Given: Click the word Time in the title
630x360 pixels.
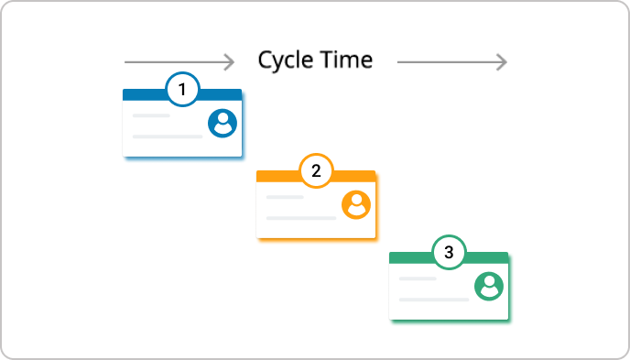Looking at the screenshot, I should coord(345,60).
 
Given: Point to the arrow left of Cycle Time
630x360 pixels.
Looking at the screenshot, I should coord(179,62).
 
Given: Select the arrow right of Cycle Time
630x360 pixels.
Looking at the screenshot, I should coord(451,62).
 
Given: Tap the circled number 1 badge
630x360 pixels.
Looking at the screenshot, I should coord(182,90).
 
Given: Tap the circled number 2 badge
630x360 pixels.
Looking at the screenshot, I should coord(316,171).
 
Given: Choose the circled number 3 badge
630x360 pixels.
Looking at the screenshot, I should coord(449,253).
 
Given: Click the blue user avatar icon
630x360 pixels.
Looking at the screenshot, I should coord(223,123).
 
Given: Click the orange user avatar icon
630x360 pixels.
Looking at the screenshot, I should coord(356,204).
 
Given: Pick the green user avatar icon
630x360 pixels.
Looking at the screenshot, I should coord(490,286).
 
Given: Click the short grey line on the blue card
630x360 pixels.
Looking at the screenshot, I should coord(151,116).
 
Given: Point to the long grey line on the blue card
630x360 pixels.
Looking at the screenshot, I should coord(168,136).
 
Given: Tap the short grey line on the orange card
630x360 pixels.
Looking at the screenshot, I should coord(285,198).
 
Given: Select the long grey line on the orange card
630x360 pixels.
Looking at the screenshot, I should coord(301,218).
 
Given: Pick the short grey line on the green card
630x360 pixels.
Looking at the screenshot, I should coord(418,279).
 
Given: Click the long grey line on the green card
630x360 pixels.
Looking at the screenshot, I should coord(434,300).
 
